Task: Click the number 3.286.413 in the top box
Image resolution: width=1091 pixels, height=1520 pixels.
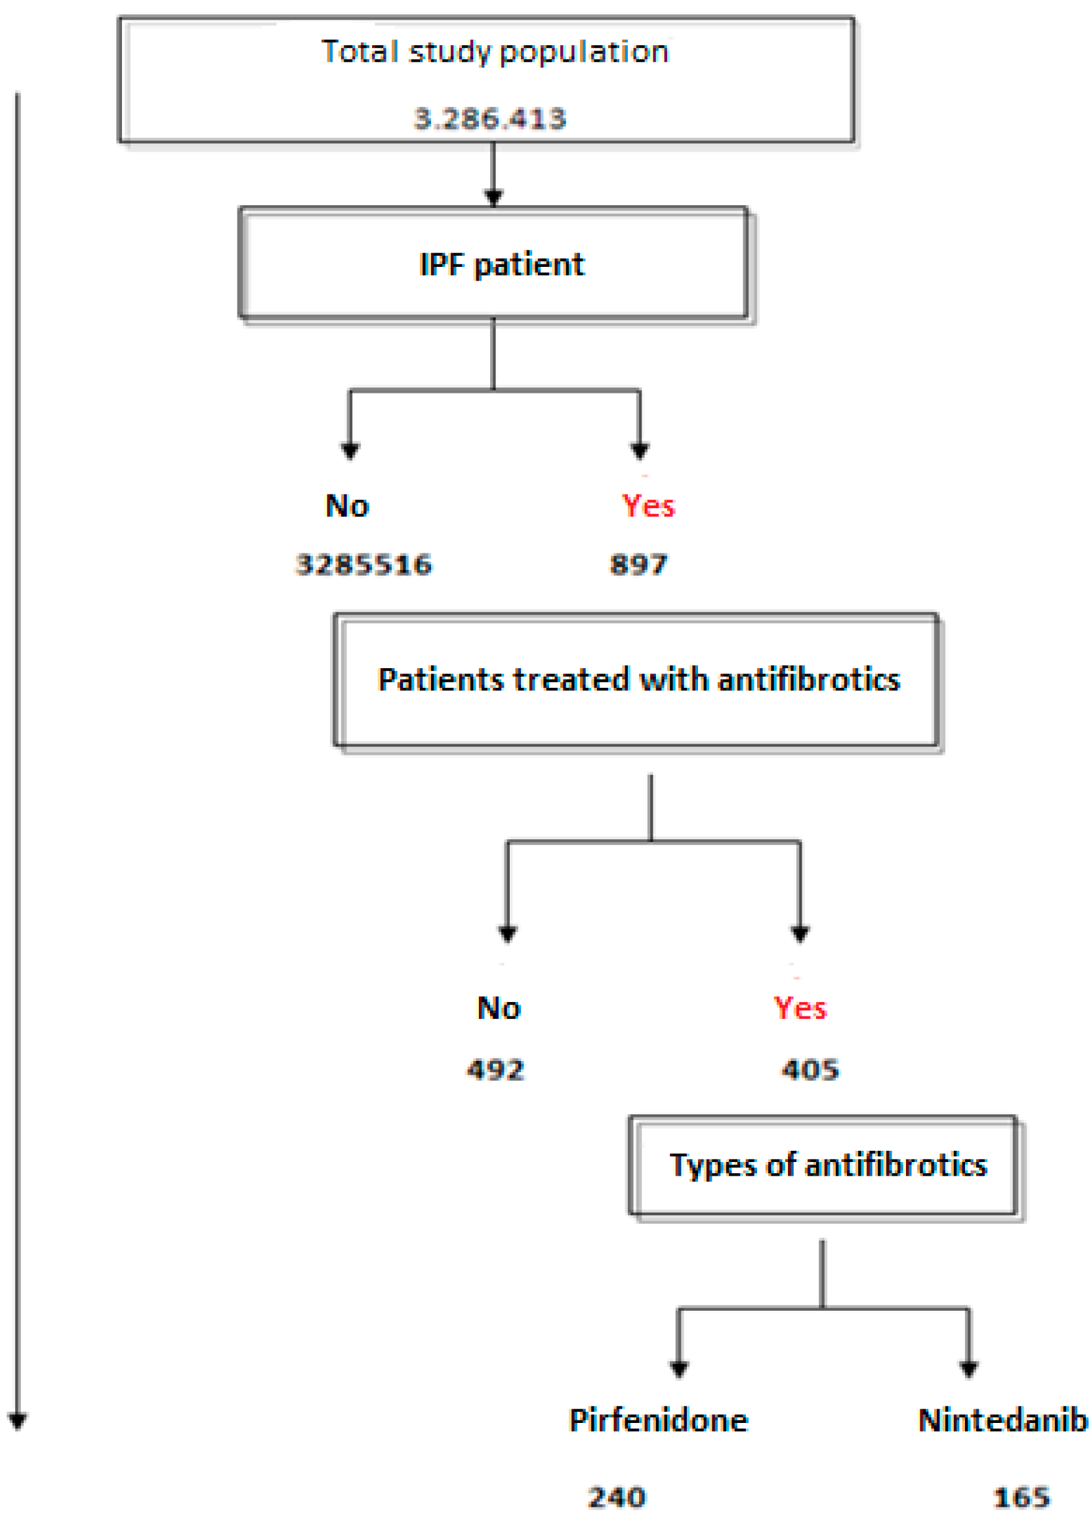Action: [489, 119]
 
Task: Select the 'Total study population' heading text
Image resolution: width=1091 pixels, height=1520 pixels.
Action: [495, 52]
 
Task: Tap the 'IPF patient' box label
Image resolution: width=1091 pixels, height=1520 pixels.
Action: [501, 264]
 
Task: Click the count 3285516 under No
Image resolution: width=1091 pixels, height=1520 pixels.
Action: [364, 565]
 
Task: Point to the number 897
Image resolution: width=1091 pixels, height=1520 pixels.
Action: [638, 565]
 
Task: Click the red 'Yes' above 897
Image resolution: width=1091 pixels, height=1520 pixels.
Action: [648, 506]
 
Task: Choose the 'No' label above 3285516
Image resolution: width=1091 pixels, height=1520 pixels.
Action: [347, 506]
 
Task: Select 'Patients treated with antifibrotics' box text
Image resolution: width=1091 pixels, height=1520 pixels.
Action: [638, 679]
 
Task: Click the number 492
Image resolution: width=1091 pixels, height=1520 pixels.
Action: [495, 1069]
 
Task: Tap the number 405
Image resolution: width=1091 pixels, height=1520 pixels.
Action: [810, 1069]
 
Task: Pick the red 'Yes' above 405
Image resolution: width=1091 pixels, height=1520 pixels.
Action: [800, 1008]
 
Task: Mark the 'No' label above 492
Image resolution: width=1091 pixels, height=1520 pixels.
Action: [499, 1008]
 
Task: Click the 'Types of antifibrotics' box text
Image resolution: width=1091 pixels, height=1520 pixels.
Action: [828, 1165]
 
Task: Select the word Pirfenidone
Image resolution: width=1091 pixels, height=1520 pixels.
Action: [659, 1420]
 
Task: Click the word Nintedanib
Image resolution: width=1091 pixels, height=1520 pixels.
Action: [1002, 1420]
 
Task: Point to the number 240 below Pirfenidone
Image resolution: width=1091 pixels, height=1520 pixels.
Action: [617, 1497]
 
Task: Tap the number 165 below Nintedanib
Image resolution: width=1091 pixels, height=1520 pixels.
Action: [1021, 1497]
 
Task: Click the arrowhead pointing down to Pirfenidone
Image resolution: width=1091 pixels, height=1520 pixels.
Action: [678, 1369]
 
